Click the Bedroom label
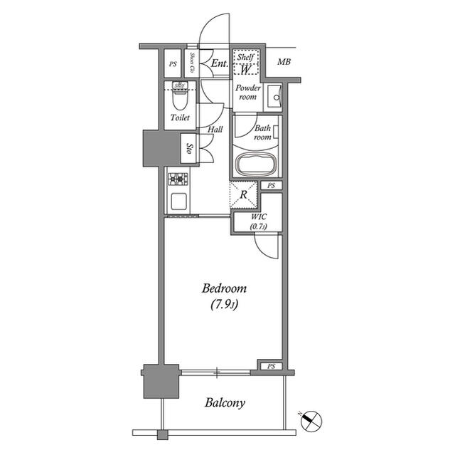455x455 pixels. pos(224,289)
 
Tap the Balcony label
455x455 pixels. pos(225,403)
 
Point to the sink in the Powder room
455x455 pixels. pos(275,95)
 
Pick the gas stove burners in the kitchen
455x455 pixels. pos(177,178)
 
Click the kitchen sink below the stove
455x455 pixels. pos(177,201)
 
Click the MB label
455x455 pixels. pos(284,63)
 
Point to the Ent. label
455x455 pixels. pos(219,64)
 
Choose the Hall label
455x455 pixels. pos(215,130)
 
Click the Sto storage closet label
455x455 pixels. pos(189,149)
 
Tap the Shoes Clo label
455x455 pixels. pos(192,63)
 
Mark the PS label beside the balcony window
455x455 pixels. pos(271,367)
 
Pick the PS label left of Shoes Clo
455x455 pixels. pos(173,64)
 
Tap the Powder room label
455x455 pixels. pos(248,93)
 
